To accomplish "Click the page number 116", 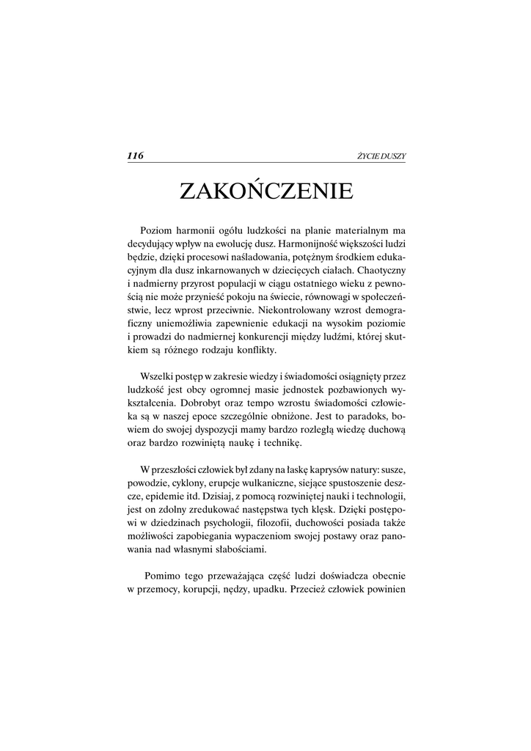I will (x=135, y=155).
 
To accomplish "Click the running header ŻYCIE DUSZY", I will (x=381, y=156).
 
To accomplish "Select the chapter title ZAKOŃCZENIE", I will (x=266, y=191).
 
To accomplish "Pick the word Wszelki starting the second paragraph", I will (x=156, y=376).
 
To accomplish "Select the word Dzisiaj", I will (x=203, y=497).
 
